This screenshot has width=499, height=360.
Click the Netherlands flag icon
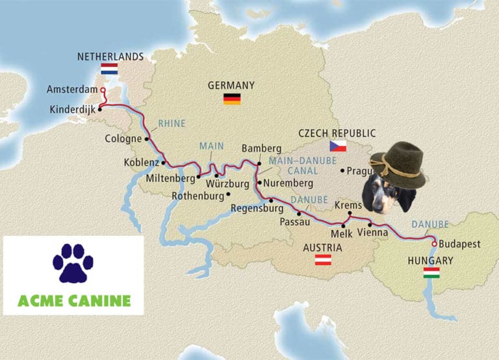coord(109,68)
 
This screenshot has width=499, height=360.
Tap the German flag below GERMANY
coord(232,99)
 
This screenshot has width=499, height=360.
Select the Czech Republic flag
coord(338,146)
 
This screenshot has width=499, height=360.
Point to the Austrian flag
coord(323,260)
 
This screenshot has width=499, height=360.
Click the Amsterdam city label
coord(71,90)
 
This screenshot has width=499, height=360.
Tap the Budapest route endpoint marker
coord(434,244)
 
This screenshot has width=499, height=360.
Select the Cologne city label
coord(123,138)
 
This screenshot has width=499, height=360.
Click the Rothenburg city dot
coord(228,194)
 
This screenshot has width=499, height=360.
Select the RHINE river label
coord(172,123)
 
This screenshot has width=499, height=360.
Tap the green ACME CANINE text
coord(73,301)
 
